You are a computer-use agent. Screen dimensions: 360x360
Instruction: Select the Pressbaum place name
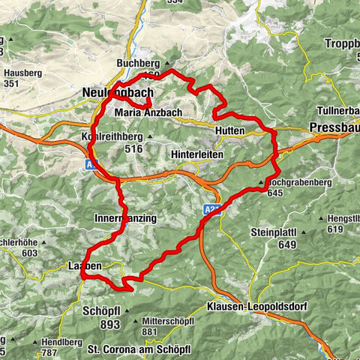pos(334,127)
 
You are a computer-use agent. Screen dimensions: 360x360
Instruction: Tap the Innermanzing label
pos(125,218)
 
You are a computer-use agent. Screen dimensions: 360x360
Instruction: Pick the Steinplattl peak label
pos(277,231)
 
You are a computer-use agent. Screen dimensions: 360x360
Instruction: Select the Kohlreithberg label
pos(113,137)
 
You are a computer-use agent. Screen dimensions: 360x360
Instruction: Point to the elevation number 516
pos(134,149)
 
